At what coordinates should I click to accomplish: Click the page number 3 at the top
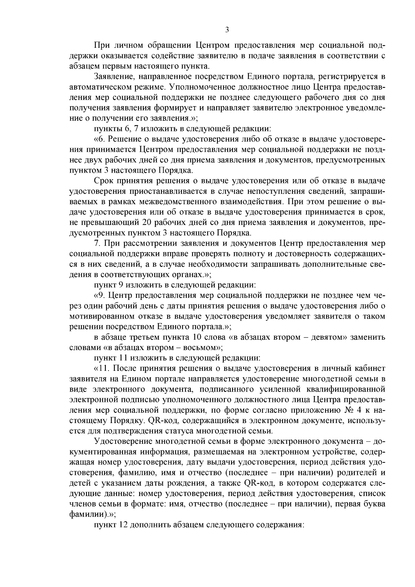[x=227, y=30]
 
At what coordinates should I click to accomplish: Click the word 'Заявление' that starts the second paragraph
[x=111, y=76]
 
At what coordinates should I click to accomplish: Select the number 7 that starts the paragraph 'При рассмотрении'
[x=96, y=243]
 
